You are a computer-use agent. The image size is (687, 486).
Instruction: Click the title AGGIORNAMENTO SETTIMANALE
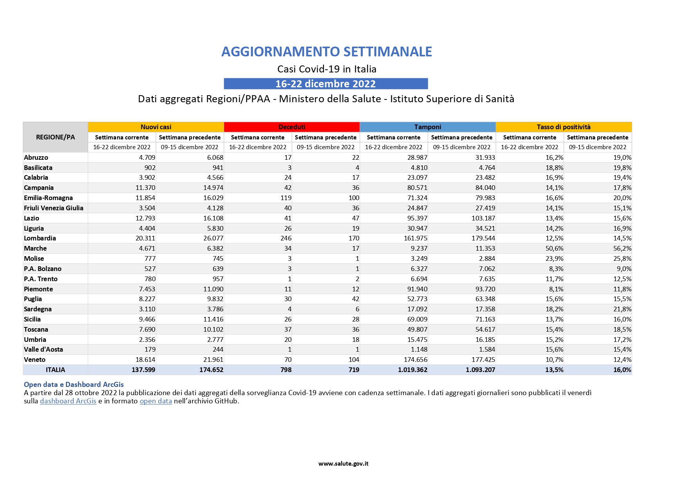click(x=326, y=52)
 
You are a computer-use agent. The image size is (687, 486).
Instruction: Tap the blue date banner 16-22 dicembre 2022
click(x=325, y=84)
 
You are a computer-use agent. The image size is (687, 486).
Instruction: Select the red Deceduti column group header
click(x=292, y=127)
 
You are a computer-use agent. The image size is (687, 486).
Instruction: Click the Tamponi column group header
click(x=427, y=127)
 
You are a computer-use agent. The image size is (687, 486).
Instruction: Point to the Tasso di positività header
click(x=563, y=127)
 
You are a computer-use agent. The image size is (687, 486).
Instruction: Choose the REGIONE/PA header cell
click(x=55, y=137)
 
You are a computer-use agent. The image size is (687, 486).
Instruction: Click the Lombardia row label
click(x=40, y=238)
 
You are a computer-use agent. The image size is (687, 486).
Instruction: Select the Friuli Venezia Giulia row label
click(x=54, y=208)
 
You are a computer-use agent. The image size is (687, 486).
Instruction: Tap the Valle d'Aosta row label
click(x=43, y=349)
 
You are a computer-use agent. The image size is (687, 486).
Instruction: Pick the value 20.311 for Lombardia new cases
click(x=145, y=238)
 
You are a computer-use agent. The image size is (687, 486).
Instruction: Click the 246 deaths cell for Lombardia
click(x=286, y=238)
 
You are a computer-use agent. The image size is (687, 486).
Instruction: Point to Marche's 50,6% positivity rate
click(x=554, y=248)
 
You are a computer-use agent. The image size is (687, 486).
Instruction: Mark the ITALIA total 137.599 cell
click(x=143, y=370)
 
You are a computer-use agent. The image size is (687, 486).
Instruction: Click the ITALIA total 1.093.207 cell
click(x=480, y=370)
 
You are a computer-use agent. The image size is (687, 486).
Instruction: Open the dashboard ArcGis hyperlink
click(x=68, y=401)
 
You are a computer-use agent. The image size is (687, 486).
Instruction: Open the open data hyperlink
click(x=156, y=401)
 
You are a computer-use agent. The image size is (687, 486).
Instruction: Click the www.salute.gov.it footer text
click(x=343, y=464)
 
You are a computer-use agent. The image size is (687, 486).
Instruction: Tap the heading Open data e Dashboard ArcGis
click(x=74, y=385)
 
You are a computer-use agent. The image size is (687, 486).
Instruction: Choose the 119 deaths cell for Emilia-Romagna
click(x=286, y=198)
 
